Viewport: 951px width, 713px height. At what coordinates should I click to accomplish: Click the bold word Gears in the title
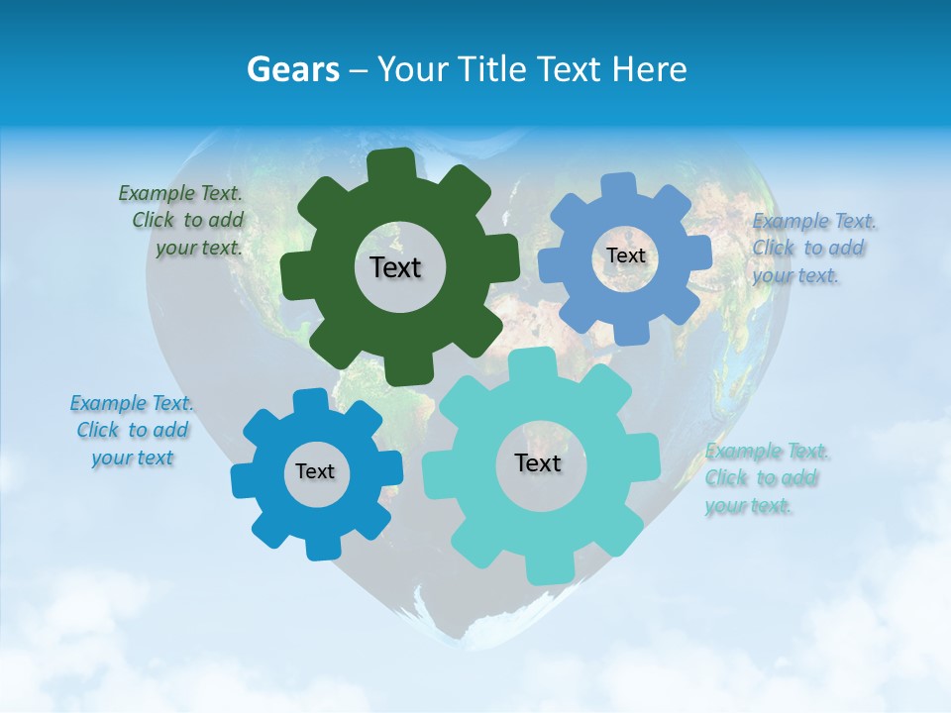coord(293,69)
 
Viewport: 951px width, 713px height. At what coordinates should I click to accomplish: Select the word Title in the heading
coord(496,69)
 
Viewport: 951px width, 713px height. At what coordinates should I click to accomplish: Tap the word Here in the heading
coord(650,69)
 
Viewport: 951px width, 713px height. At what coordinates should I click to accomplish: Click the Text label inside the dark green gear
coord(395,267)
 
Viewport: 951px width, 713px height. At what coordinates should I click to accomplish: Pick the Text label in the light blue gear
coord(625,255)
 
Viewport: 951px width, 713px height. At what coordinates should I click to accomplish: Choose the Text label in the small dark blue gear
coord(315,471)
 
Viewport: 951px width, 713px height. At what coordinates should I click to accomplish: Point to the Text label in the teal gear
coord(538,462)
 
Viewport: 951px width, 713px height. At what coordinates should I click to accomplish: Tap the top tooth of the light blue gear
coord(618,185)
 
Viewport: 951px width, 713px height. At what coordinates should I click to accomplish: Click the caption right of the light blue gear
coord(812,248)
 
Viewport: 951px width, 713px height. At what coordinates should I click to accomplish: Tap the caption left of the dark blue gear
coord(132,430)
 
